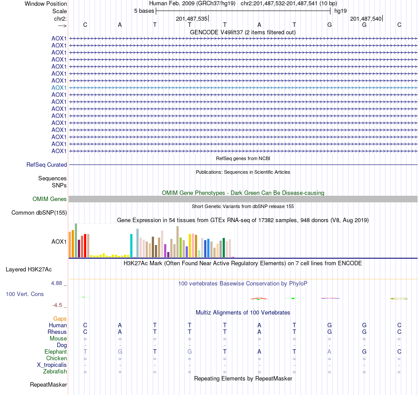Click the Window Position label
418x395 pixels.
click(x=46, y=4)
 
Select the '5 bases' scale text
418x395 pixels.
click(x=144, y=11)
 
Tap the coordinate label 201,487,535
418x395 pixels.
click(x=191, y=18)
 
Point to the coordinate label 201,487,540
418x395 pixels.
click(x=366, y=18)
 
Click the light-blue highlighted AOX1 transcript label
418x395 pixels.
click(x=59, y=88)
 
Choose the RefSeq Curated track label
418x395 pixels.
click(x=47, y=165)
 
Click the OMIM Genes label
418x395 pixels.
click(x=50, y=199)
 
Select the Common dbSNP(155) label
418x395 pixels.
click(x=39, y=213)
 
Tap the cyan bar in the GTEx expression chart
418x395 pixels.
click(x=132, y=245)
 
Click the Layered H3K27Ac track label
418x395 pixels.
click(x=32, y=269)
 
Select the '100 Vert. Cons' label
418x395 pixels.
click(x=25, y=294)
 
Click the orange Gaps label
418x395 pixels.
click(x=60, y=318)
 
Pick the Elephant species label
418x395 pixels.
click(x=55, y=352)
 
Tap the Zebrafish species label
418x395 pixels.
click(x=55, y=372)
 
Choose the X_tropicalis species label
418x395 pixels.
click(x=52, y=365)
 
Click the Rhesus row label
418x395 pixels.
click(x=58, y=332)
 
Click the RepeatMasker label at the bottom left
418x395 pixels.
click(x=48, y=385)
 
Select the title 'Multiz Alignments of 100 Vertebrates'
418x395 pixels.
click(x=243, y=313)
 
